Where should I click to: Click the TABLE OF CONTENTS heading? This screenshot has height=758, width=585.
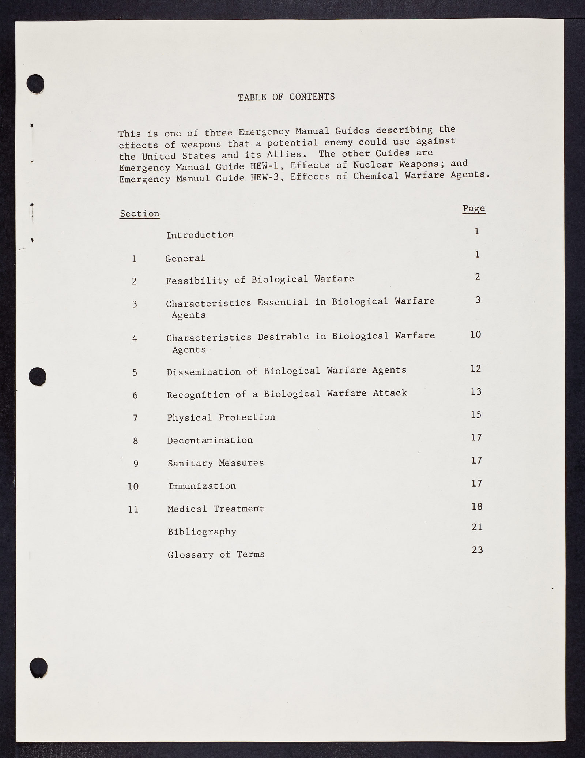[x=286, y=97]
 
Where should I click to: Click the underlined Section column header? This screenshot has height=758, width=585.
[x=139, y=214]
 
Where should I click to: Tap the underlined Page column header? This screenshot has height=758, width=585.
[x=474, y=209]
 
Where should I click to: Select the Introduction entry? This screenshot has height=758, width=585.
[x=200, y=235]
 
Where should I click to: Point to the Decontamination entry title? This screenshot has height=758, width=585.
[x=210, y=440]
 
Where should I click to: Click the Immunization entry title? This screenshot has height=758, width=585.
[x=202, y=486]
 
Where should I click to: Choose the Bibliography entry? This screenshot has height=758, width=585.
[x=202, y=532]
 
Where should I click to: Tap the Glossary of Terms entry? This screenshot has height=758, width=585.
[x=216, y=555]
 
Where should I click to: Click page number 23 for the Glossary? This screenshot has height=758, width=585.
[x=478, y=550]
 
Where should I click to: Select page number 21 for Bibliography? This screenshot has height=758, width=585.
[x=477, y=527]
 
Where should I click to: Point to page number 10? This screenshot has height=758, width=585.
[x=475, y=334]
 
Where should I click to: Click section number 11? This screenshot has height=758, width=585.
[x=133, y=509]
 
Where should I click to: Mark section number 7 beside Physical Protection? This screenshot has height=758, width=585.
[x=135, y=418]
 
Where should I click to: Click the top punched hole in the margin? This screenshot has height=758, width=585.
[x=35, y=83]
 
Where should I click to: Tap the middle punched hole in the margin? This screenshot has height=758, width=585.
[x=37, y=376]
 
